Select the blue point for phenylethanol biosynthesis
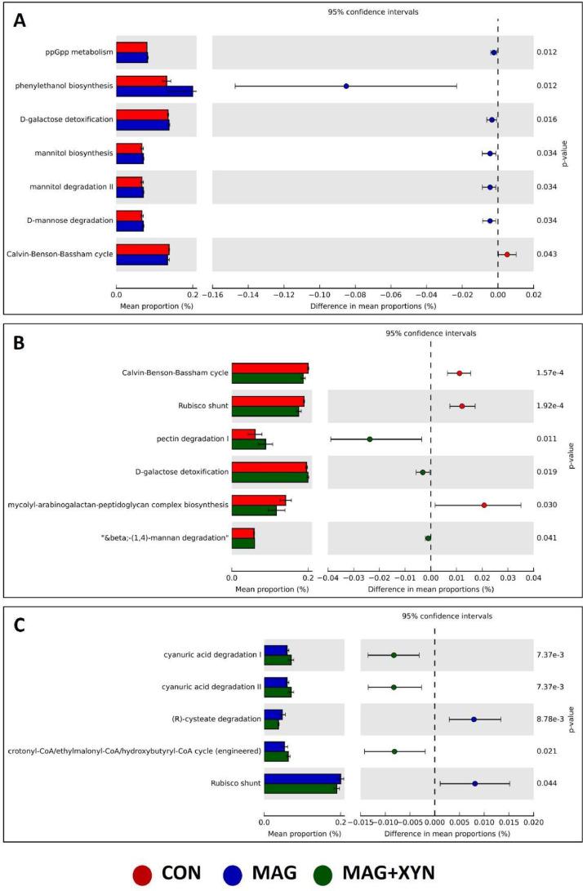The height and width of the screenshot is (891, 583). coord(346,86)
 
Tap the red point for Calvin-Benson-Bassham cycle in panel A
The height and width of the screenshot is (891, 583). coord(507,254)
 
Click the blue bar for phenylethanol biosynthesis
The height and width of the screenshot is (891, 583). coord(154,91)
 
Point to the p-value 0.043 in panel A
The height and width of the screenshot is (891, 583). coord(546,254)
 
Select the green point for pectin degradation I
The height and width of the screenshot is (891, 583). coord(370,439)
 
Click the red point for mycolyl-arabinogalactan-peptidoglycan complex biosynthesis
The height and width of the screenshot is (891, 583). coord(484,505)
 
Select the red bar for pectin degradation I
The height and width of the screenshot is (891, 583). coord(243,434)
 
